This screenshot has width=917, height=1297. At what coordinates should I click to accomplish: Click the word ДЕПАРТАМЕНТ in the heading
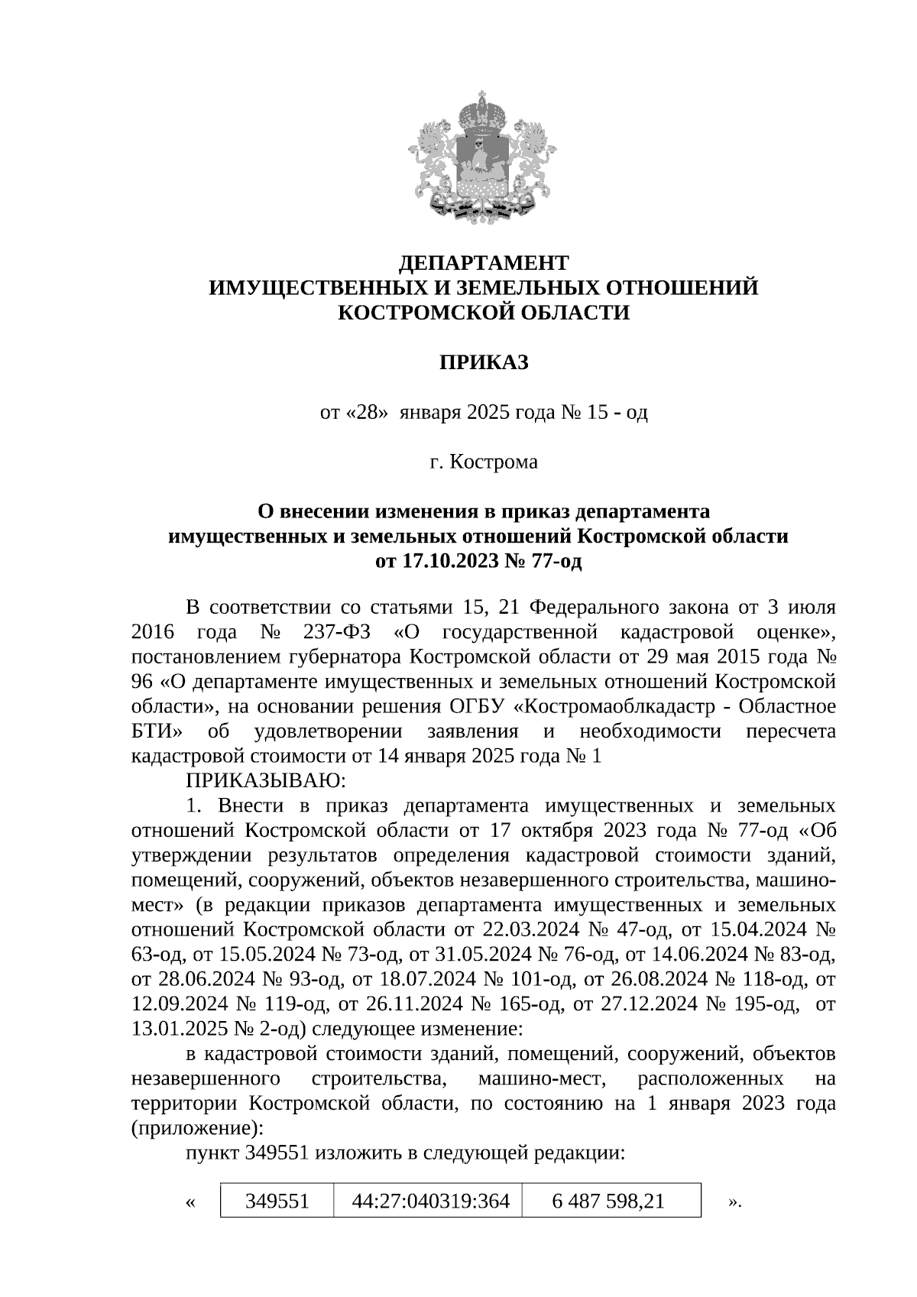(484, 263)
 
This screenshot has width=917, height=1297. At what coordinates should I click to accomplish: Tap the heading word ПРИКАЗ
(483, 362)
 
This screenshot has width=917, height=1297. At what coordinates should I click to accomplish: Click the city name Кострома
(493, 462)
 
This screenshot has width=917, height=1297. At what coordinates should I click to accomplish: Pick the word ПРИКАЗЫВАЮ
(266, 781)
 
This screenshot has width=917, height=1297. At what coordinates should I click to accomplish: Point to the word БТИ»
(157, 731)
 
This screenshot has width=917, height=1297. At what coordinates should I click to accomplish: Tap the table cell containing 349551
(277, 1201)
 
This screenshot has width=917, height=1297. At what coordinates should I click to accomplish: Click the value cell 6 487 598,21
(608, 1201)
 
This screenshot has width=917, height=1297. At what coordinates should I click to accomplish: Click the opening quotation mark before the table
(190, 1203)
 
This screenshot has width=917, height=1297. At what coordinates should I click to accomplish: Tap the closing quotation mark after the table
(733, 1203)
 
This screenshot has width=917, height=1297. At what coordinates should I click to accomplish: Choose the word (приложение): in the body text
(198, 1128)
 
